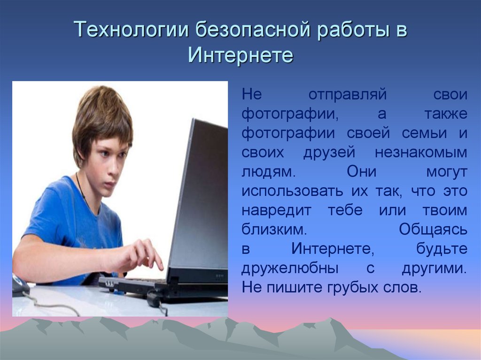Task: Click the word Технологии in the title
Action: (x=131, y=30)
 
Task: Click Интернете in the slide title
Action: (x=240, y=55)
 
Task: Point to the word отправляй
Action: (x=348, y=95)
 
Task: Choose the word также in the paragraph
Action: (x=446, y=114)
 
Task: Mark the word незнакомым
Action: (x=421, y=153)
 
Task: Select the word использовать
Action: (x=292, y=191)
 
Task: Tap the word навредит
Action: (x=276, y=211)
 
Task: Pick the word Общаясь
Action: (x=433, y=230)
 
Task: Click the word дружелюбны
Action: (x=290, y=268)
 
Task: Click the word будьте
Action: (x=442, y=248)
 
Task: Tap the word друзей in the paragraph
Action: (x=329, y=153)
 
